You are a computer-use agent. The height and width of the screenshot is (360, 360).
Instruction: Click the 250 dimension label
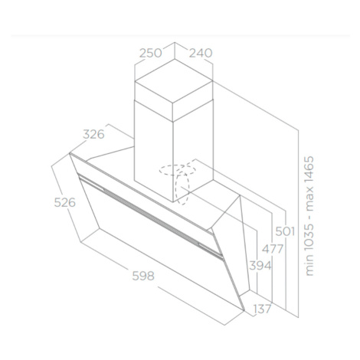pyautogui.click(x=151, y=53)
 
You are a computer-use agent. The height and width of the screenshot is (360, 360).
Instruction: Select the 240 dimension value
pyautogui.click(x=201, y=53)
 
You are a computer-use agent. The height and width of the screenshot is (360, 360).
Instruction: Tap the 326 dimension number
pyautogui.click(x=93, y=134)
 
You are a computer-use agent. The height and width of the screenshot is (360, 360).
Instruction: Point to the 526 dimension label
pyautogui.click(x=65, y=203)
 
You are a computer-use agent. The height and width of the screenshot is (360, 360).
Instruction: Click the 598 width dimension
pyautogui.click(x=143, y=276)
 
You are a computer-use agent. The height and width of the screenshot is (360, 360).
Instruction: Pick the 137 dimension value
pyautogui.click(x=262, y=309)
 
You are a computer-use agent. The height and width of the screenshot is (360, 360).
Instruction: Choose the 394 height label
pyautogui.click(x=260, y=266)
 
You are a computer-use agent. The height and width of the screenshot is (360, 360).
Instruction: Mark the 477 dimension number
pyautogui.click(x=273, y=249)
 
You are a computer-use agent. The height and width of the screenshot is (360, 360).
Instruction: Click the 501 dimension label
pyautogui.click(x=285, y=231)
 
